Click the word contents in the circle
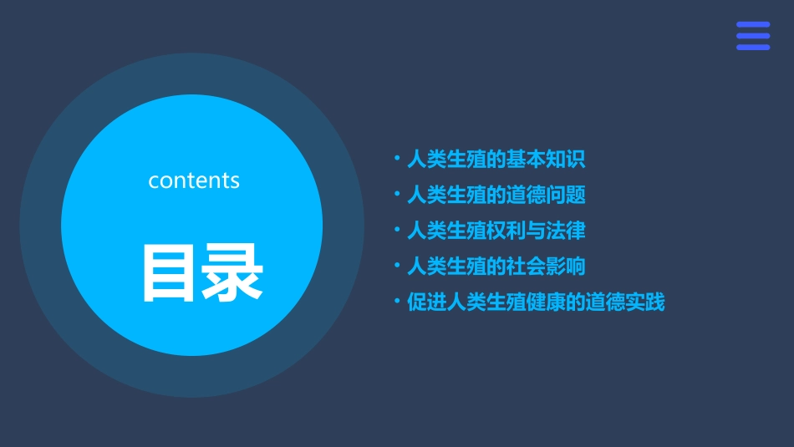(x=194, y=180)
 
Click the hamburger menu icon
(x=752, y=36)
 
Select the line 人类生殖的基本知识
(x=496, y=159)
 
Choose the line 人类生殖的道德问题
(x=496, y=195)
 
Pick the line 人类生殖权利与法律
(x=496, y=231)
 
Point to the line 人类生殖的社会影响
(x=496, y=267)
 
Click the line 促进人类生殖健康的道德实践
(x=536, y=302)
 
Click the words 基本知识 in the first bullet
(x=545, y=159)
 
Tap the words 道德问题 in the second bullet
(x=545, y=195)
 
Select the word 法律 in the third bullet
(x=565, y=231)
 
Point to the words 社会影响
(x=545, y=267)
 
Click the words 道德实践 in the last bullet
(x=625, y=302)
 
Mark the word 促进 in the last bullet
(x=426, y=302)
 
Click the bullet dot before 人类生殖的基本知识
(x=397, y=158)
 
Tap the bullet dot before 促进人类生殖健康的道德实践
(x=397, y=302)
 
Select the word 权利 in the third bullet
(x=505, y=231)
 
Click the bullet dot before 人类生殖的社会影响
(x=397, y=266)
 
